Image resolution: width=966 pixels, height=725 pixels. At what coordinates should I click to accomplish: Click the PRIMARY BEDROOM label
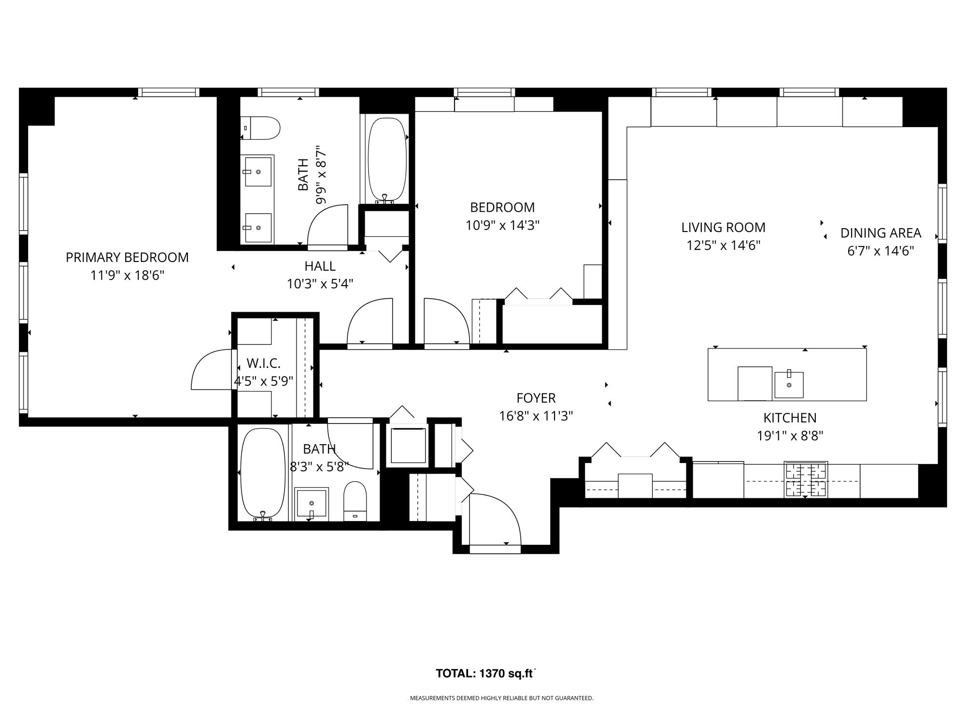point(127,257)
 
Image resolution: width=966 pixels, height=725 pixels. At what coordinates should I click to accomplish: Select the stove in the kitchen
point(806,479)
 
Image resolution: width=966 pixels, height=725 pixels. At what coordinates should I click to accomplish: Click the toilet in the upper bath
point(260,128)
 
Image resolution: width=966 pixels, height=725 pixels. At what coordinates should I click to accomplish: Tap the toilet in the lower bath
point(355,501)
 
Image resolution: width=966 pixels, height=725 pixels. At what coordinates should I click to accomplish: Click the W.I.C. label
point(263,363)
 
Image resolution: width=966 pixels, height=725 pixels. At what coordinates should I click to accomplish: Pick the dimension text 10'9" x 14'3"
point(502,226)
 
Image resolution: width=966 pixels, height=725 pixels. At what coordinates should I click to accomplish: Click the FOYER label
point(536,398)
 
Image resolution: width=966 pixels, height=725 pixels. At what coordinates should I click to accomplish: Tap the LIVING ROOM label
point(723,227)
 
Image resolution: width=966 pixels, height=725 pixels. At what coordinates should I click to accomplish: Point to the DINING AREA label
point(881,233)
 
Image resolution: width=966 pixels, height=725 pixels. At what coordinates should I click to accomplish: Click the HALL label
point(320,266)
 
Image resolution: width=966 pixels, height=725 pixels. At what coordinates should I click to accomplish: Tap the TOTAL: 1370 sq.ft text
point(486,673)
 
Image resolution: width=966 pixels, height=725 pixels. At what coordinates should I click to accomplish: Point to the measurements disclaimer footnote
point(501,698)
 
